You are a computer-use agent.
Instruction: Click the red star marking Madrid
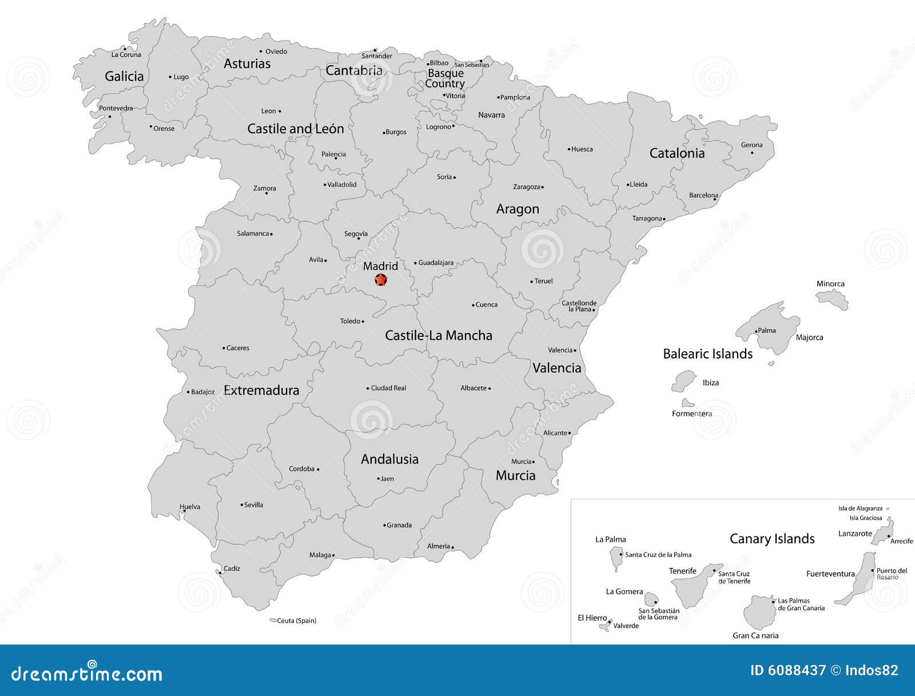tap(381, 280)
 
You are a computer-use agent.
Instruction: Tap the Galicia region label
tap(124, 76)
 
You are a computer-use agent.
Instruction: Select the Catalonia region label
tap(677, 153)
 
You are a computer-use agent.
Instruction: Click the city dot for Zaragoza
tap(542, 187)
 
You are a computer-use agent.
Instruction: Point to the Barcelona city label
tap(703, 195)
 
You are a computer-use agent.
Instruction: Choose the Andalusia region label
tap(389, 459)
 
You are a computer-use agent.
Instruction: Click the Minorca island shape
tap(833, 298)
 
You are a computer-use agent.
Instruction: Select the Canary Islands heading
tap(772, 539)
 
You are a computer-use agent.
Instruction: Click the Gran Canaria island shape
tap(759, 612)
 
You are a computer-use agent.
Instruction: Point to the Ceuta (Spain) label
tap(296, 621)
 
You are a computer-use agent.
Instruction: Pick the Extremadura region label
tap(261, 390)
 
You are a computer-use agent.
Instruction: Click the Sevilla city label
tap(253, 504)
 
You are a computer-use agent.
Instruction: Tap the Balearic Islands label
tap(707, 354)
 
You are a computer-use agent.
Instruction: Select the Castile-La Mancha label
tap(438, 335)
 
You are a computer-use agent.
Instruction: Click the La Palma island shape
tap(616, 558)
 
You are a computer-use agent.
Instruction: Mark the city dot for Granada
tap(384, 525)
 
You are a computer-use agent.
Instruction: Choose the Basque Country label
tap(445, 78)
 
